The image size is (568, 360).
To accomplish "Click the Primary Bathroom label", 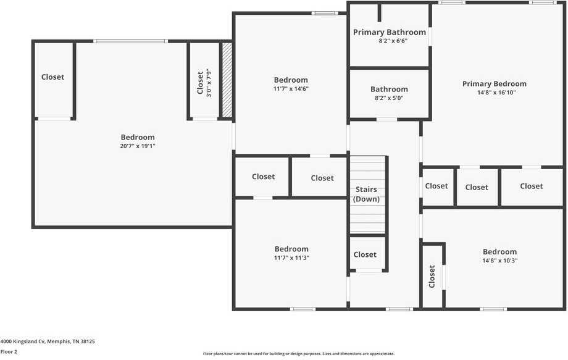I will [389, 32].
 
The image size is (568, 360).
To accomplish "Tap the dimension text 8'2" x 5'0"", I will [389, 98].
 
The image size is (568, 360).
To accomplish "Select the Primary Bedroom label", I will [494, 84].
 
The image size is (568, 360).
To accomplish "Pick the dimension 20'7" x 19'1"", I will [137, 146].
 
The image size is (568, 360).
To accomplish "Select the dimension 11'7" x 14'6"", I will [291, 88].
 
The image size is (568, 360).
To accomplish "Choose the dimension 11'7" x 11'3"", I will [291, 257].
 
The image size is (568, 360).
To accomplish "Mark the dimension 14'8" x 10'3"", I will [499, 260].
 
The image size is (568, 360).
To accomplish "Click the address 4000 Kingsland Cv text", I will [48, 341].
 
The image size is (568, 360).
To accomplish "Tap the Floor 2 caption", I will [9, 351].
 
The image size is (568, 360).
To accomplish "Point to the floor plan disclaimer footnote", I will [299, 354].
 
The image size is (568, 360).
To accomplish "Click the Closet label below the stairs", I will [365, 254].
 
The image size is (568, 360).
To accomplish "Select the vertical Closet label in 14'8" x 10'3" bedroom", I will [432, 277].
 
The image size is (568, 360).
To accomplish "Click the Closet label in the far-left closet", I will [52, 77].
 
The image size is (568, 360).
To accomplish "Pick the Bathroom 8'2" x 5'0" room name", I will [389, 89].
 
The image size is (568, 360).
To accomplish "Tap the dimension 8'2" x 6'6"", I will [389, 41].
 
